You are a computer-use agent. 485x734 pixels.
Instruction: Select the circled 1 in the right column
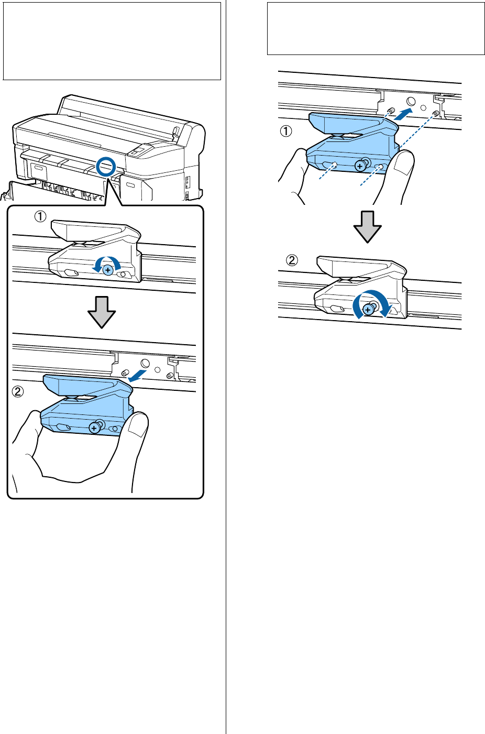pyautogui.click(x=286, y=132)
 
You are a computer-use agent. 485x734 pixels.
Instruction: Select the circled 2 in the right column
pyautogui.click(x=293, y=260)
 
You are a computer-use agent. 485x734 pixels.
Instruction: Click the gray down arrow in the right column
pyautogui.click(x=367, y=227)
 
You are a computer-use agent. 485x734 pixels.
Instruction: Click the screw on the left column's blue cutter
pyautogui.click(x=94, y=428)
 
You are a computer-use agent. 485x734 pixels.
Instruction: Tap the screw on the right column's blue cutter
pyautogui.click(x=360, y=166)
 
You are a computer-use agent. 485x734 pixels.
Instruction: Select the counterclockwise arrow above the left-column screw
pyautogui.click(x=107, y=260)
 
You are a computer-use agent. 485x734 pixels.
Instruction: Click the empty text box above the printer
pyautogui.click(x=112, y=41)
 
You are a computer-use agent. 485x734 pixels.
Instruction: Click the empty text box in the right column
pyautogui.click(x=376, y=29)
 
